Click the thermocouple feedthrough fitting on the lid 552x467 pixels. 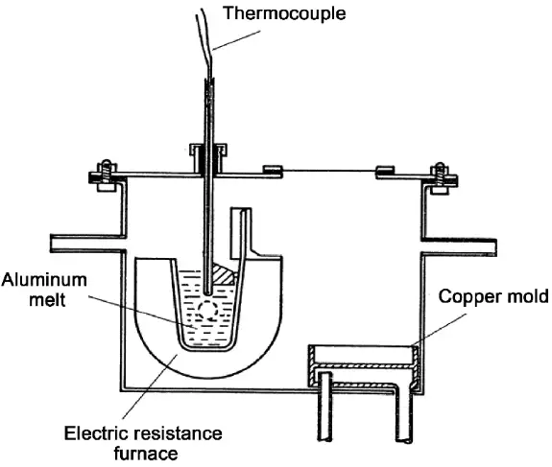coord(207,157)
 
